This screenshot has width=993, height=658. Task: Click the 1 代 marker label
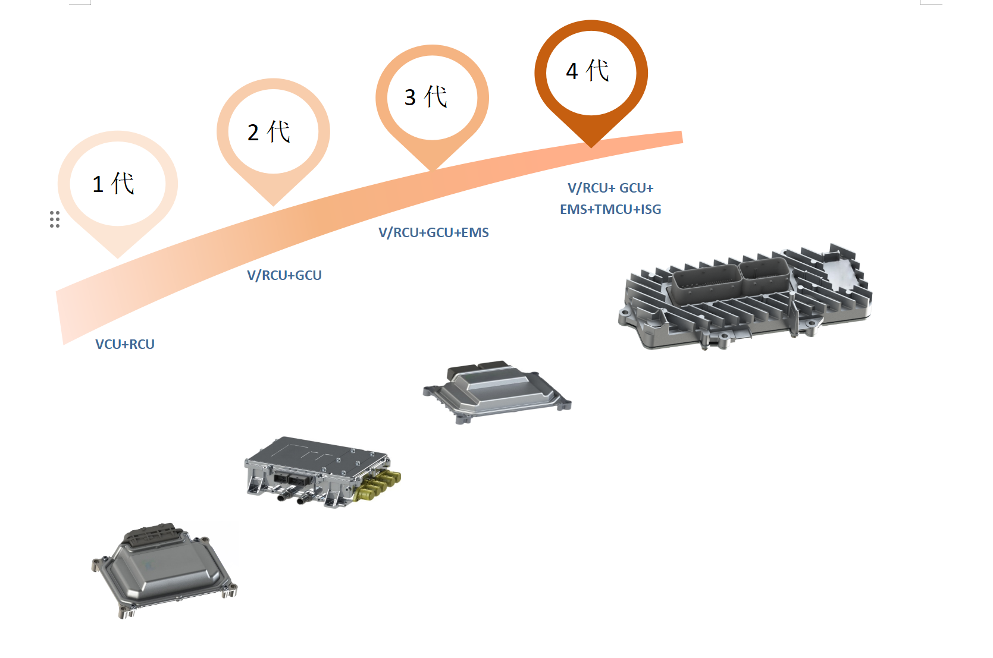tap(114, 184)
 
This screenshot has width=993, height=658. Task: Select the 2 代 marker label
tap(269, 132)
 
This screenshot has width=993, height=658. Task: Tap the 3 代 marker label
tap(426, 96)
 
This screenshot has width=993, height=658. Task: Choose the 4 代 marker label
tap(587, 71)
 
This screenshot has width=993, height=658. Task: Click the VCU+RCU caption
tap(125, 344)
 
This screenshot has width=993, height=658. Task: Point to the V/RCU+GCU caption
tap(284, 275)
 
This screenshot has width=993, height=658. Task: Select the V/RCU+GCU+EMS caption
tap(434, 232)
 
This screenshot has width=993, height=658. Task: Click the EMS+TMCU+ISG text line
tap(610, 209)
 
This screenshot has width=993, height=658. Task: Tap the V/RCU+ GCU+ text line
tap(610, 188)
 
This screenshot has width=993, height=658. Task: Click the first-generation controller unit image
tap(164, 571)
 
